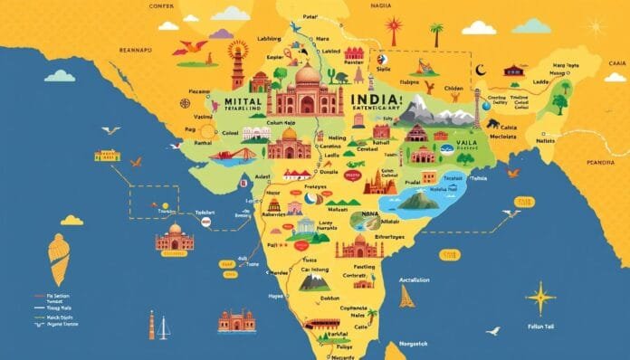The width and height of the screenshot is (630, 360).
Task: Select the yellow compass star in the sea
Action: click(541, 298)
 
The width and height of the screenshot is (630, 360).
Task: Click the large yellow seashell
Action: click(60, 258)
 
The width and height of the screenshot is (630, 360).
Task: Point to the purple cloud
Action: click(220, 34)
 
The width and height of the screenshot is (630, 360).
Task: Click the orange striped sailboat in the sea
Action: click(407, 294)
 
